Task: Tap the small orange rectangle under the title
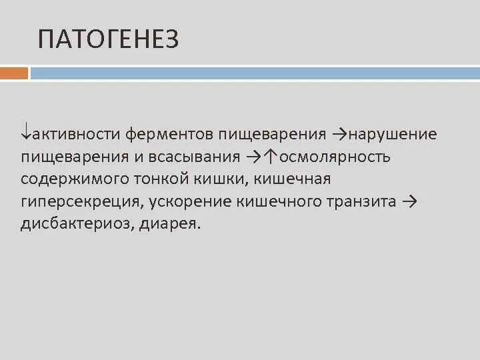pos(14,73)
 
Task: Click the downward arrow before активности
pos(26,133)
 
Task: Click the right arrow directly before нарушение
pos(339,134)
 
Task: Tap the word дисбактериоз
pos(77,224)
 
